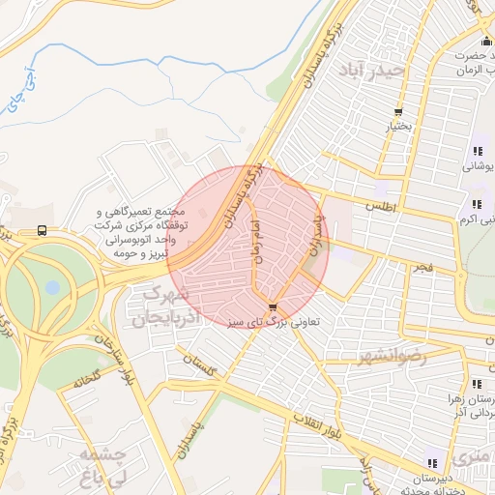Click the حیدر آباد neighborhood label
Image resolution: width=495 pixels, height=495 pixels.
[x=362, y=71]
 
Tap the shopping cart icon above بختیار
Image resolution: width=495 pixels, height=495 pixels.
[x=397, y=112]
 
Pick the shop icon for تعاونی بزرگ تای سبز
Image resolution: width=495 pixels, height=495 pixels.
[x=259, y=307]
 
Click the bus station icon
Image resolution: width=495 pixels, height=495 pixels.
[x=42, y=230]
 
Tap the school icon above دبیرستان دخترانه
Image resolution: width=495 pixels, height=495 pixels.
[x=431, y=463]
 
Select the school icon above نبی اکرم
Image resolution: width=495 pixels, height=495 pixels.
[x=477, y=204]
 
